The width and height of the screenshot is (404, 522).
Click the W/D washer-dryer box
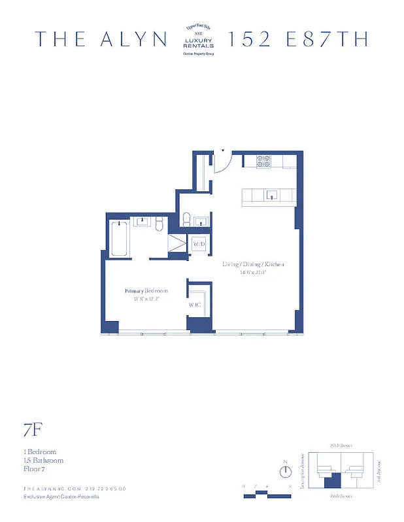[x=198, y=244]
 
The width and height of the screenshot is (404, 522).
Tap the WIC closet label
[x=195, y=305]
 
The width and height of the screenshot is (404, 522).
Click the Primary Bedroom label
[x=146, y=291]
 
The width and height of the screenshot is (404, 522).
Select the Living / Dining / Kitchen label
[x=253, y=264]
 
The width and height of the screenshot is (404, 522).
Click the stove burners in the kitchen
[x=263, y=161]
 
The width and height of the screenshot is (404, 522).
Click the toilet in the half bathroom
[x=186, y=220]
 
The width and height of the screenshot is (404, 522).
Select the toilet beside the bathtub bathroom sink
[x=158, y=224]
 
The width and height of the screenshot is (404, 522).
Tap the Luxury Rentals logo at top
[x=200, y=39]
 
